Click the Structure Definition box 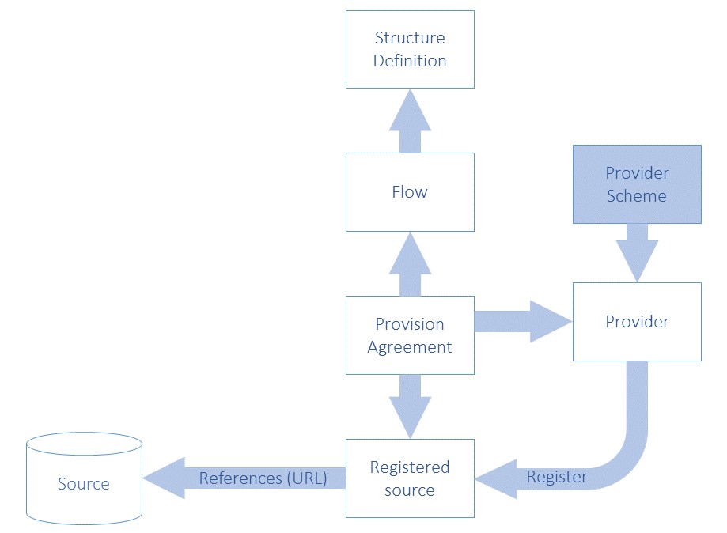point(410,49)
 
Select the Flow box point(410,192)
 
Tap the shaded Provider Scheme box point(637,183)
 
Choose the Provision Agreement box point(410,335)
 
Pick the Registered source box point(410,478)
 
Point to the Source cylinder point(84,478)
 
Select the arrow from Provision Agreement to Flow point(410,264)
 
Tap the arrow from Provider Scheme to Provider point(637,251)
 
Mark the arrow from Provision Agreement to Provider point(523,321)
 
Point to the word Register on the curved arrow point(557,477)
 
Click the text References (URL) point(263,478)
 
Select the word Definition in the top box point(410,61)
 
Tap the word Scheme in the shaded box point(637,195)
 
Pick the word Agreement point(410,347)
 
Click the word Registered point(410,467)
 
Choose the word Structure point(410,38)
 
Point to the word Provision point(410,324)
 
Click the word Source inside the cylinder point(84,484)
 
